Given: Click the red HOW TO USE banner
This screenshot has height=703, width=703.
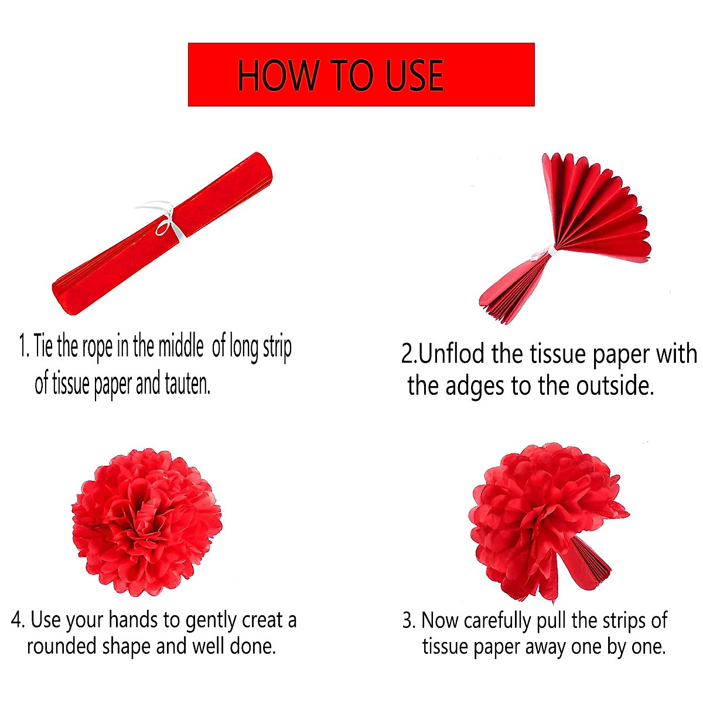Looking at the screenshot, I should tap(361, 74).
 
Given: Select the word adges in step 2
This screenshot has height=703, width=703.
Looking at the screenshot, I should tap(472, 386).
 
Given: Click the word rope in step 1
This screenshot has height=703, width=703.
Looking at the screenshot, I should tap(97, 347).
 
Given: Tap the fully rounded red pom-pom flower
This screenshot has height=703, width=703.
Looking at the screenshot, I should tap(146, 521).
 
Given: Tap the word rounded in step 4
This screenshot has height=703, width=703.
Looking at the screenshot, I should tap(62, 646).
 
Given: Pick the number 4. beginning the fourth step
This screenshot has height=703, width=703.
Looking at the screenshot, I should tap(18, 620).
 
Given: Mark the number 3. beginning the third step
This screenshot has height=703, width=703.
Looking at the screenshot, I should tap(409, 620).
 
